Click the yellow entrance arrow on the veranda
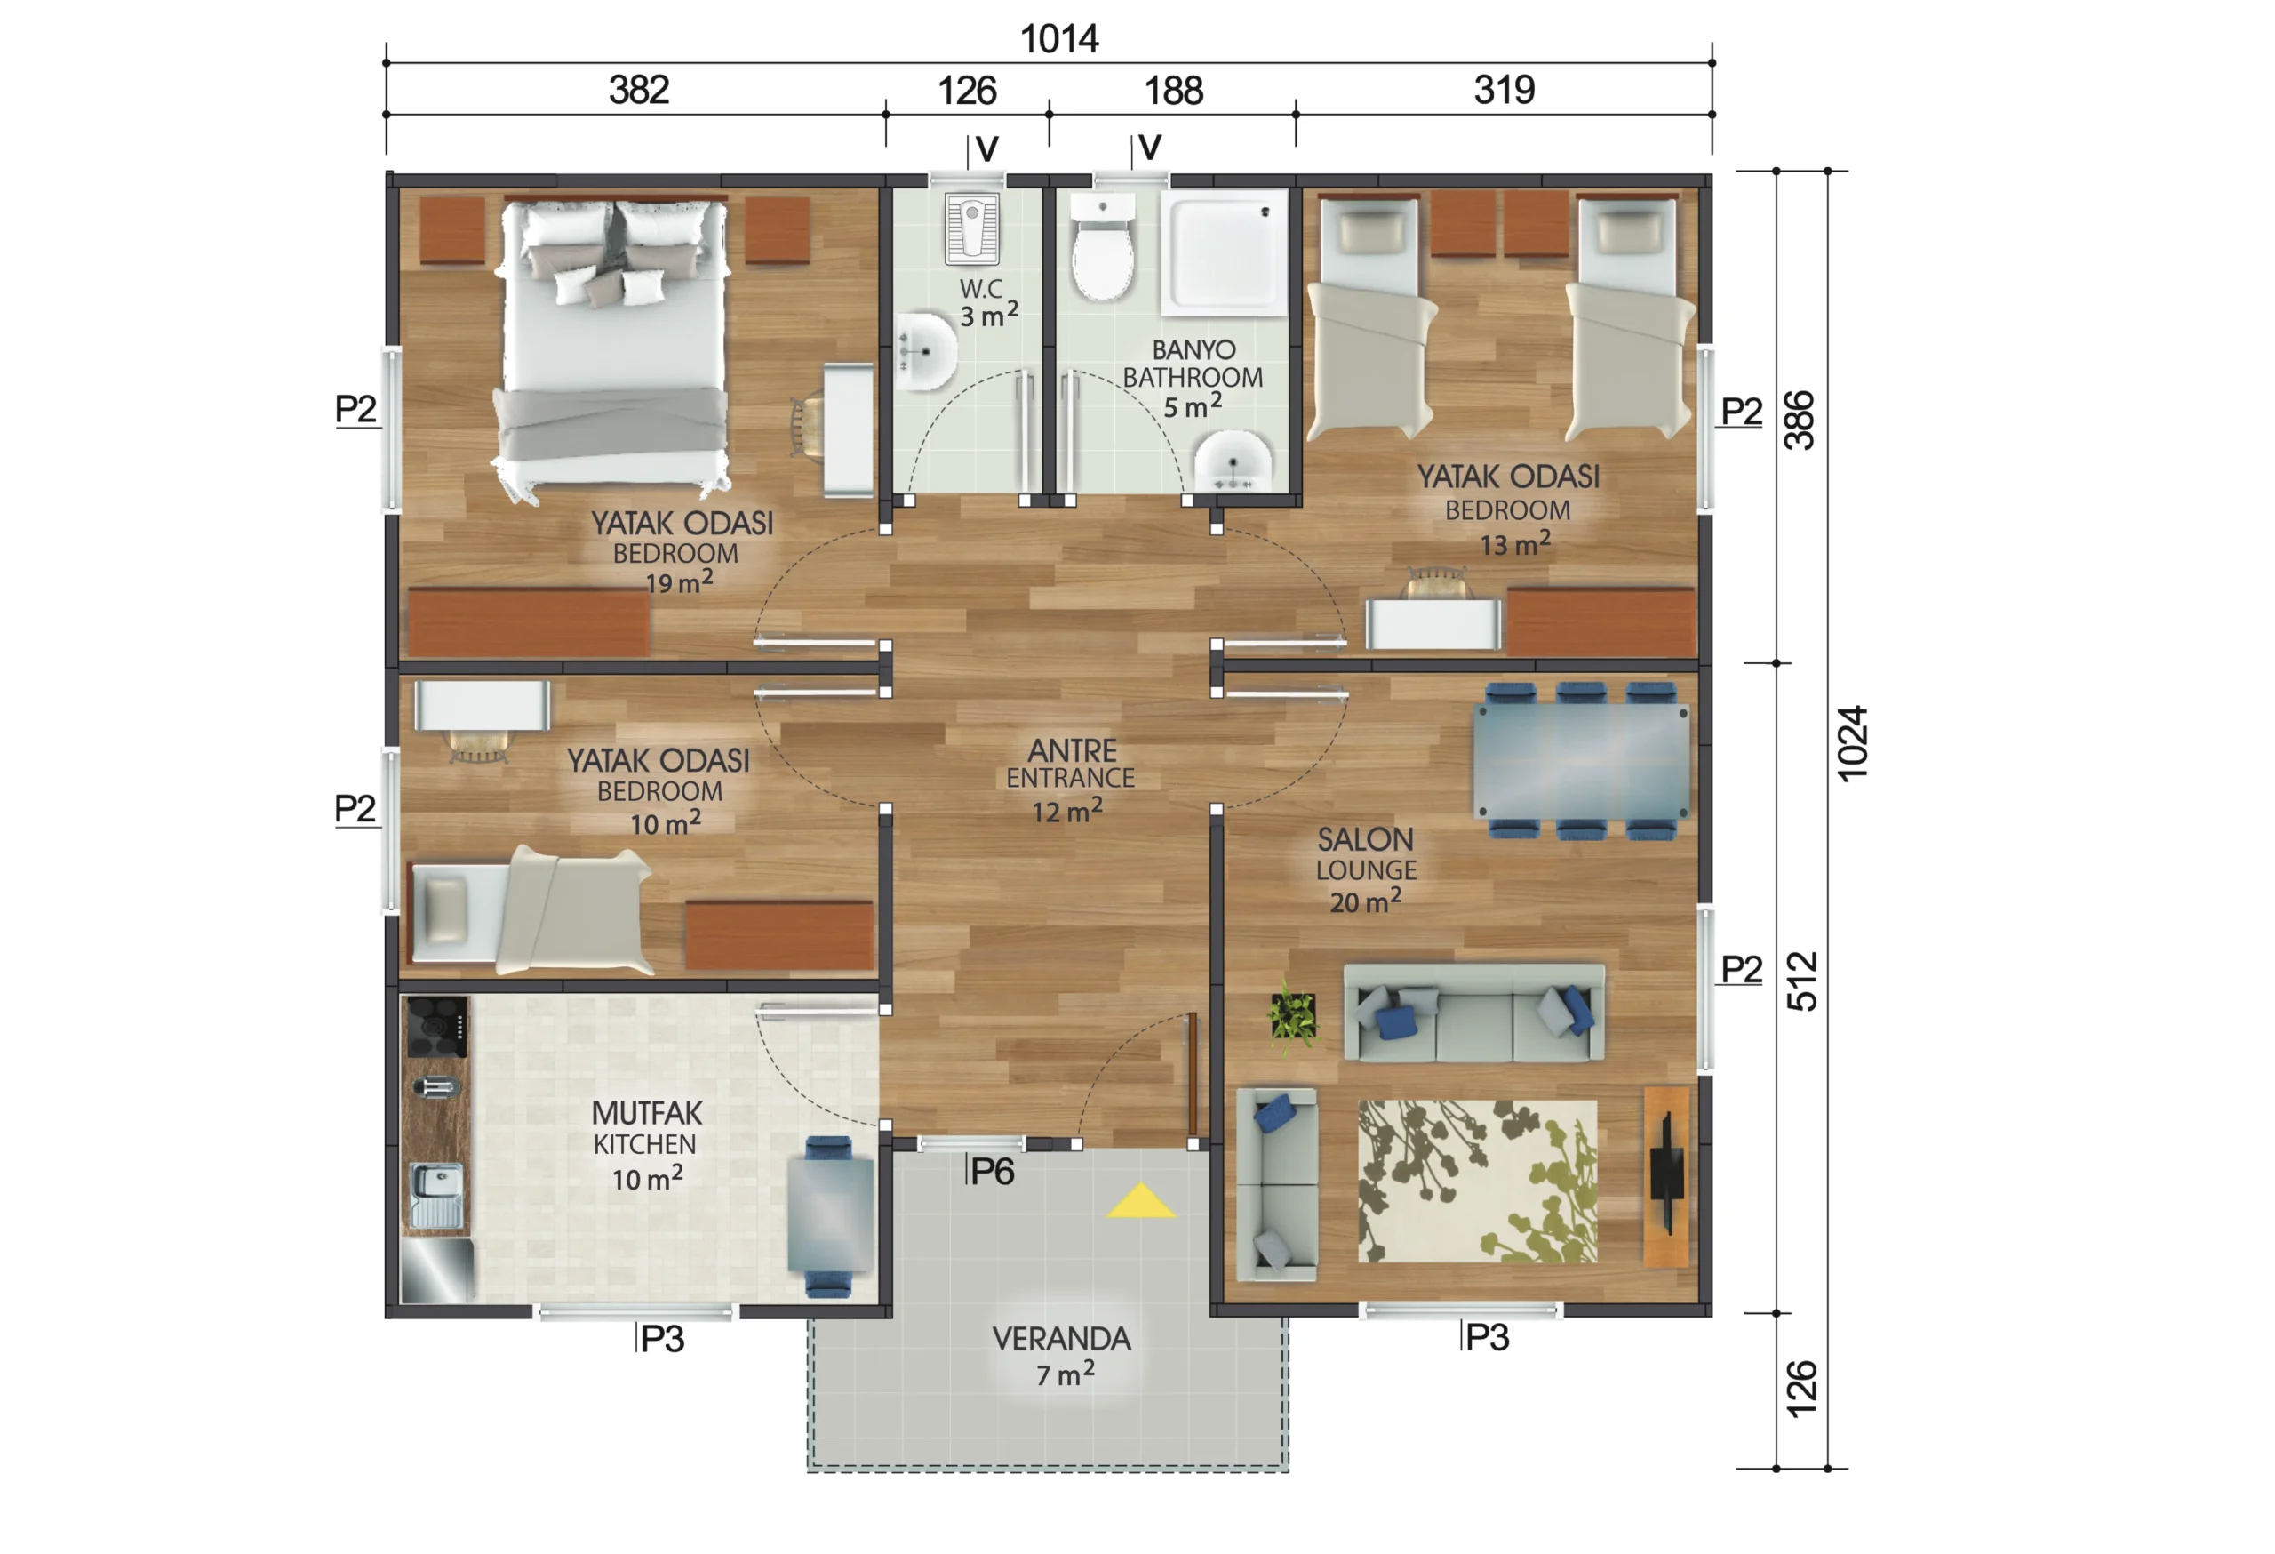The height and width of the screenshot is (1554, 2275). point(1140,1203)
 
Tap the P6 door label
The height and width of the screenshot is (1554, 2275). point(992,1172)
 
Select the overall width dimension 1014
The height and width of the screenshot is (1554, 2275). point(1059,39)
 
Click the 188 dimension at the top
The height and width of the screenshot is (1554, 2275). point(1173,91)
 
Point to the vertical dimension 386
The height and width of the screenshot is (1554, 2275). point(1800,421)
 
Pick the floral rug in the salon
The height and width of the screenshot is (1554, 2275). point(1477,1182)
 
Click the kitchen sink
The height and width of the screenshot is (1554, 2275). point(436,1195)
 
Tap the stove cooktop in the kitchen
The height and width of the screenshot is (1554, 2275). point(436,1026)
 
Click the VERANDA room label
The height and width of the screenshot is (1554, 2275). point(1061,1340)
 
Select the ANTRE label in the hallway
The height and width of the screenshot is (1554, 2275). point(1072,751)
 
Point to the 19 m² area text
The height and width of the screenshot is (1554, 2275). point(678,582)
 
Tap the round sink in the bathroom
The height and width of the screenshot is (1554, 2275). point(1233,463)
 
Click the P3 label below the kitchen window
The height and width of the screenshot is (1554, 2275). point(662,1340)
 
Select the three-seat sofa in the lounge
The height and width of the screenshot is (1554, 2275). point(1474,1014)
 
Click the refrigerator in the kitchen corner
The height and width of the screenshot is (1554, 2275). point(436,1271)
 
